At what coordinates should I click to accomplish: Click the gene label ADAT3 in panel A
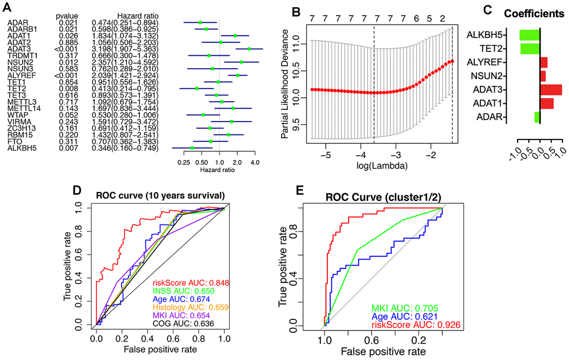pyautogui.click(x=16, y=49)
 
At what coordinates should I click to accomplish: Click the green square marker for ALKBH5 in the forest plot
pyautogui.click(x=192, y=148)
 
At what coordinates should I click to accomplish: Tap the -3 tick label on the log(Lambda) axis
pyautogui.click(x=396, y=154)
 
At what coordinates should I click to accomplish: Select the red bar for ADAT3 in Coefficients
pyautogui.click(x=551, y=89)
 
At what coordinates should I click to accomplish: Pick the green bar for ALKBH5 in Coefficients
pyautogui.click(x=529, y=35)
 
